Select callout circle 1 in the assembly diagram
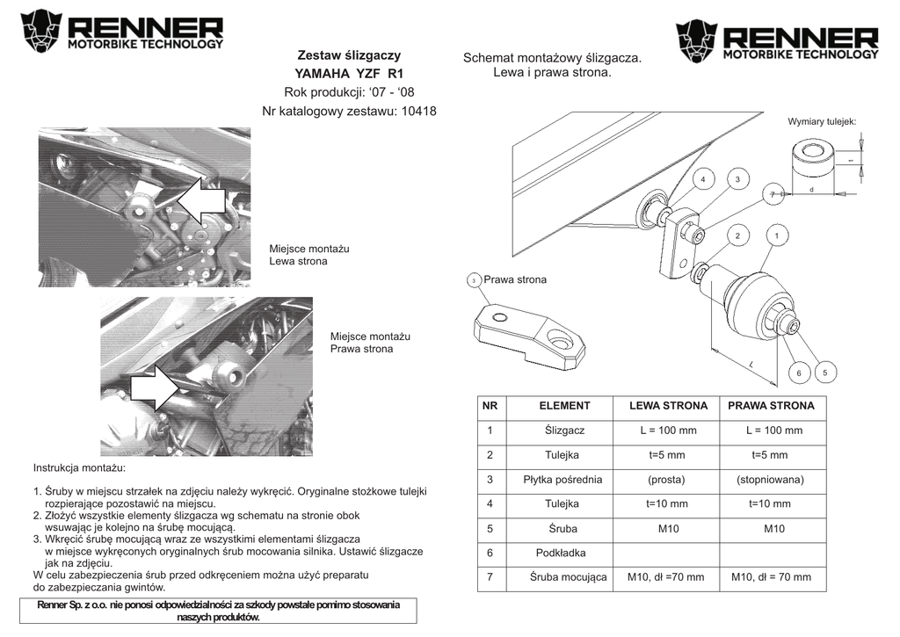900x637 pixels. [x=776, y=235]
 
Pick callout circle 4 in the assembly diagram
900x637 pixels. [x=703, y=180]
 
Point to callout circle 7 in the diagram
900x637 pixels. [x=773, y=193]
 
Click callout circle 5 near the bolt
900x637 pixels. [x=825, y=373]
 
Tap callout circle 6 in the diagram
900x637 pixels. [x=799, y=373]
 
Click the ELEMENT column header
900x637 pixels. [x=564, y=406]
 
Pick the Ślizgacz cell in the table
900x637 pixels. [x=564, y=431]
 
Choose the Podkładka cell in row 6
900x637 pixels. [x=561, y=553]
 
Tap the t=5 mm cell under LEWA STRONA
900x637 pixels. [x=668, y=455]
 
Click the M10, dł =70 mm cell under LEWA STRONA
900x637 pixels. [x=666, y=577]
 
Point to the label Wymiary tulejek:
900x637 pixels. [x=822, y=121]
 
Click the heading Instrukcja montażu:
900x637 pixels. [x=79, y=468]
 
